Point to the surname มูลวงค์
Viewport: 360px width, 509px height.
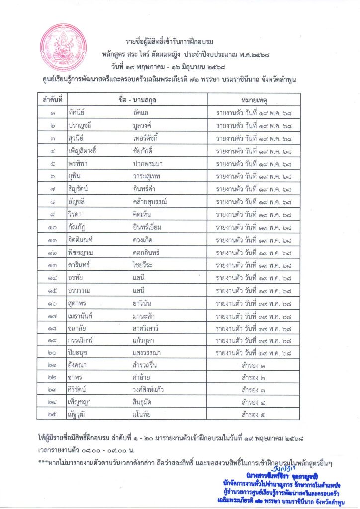[x=142, y=126]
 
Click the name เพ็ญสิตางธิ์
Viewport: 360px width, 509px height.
[x=85, y=152]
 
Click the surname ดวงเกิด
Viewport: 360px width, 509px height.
[x=142, y=240]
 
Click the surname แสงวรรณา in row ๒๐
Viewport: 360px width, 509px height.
[x=145, y=354]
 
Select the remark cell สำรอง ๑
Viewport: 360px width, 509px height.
[x=253, y=367]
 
